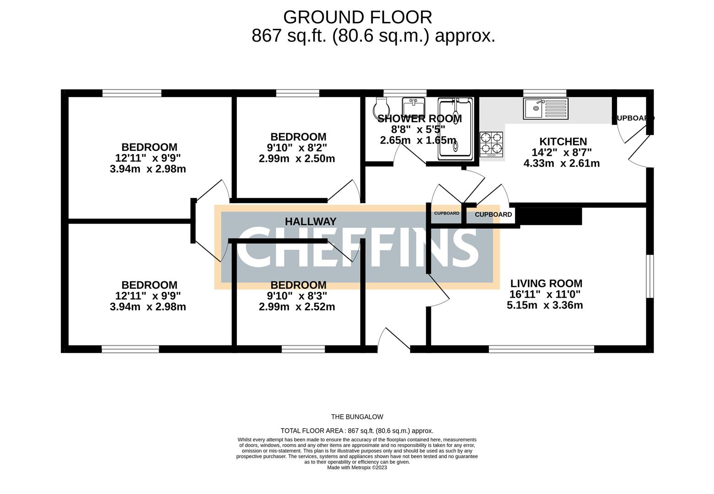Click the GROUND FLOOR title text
357,17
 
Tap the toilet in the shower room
381,107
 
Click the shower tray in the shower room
455,129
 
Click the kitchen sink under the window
545,108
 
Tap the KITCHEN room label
563,142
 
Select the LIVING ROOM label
546,284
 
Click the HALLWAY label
310,221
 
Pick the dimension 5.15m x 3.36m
544,305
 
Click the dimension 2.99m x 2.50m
296,159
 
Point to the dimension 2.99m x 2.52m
296,307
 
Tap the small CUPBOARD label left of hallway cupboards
446,214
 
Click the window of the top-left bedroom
132,93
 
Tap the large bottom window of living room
541,349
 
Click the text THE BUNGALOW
357,417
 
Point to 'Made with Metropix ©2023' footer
357,467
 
